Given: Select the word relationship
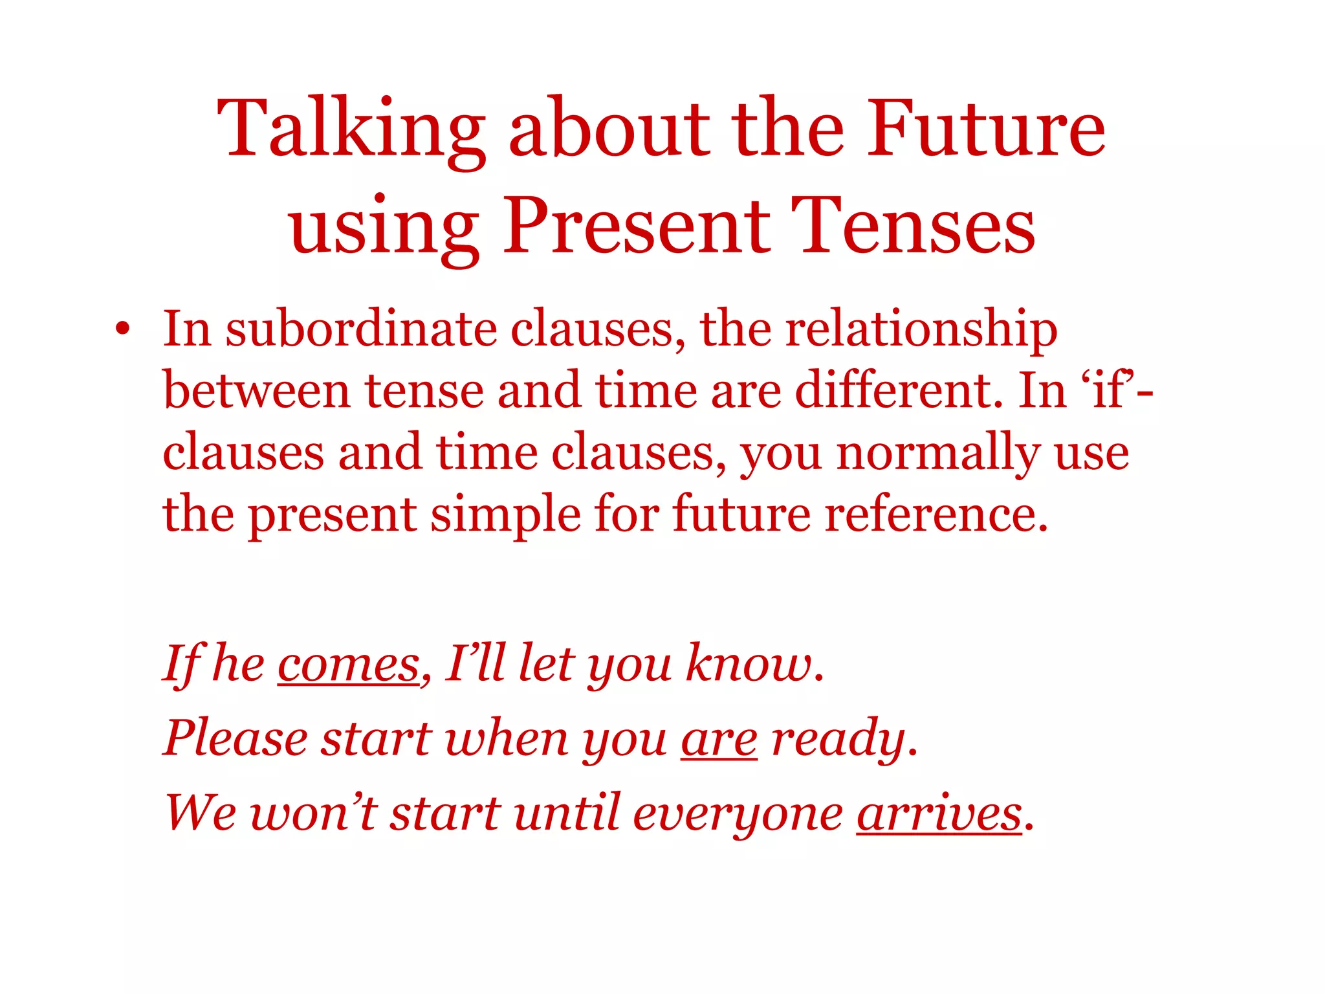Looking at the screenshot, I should (921, 330).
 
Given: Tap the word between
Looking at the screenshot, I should (256, 391).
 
